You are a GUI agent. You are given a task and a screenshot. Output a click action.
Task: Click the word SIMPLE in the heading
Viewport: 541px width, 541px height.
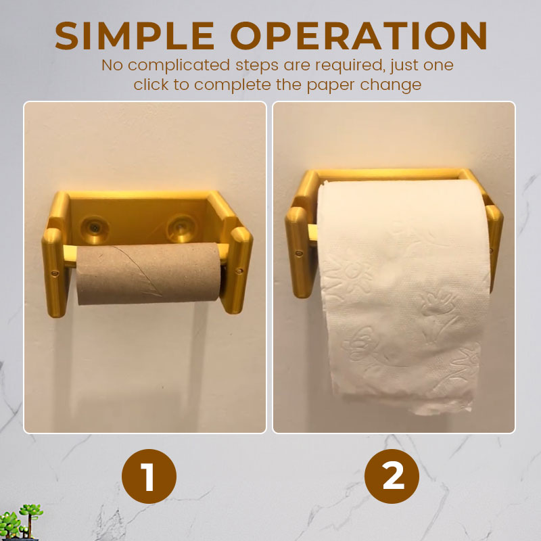coord(135,36)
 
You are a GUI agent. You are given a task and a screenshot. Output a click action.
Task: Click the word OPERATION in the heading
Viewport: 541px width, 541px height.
coord(359,36)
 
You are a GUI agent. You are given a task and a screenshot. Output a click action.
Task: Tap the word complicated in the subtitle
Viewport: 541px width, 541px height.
coord(179,65)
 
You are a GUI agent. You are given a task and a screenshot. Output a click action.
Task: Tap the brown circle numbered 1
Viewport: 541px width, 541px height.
coord(149,476)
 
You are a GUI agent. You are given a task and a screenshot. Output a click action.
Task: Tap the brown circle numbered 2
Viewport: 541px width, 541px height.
coord(392,476)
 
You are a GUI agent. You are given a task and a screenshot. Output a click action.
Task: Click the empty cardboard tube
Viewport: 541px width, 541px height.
coord(148,273)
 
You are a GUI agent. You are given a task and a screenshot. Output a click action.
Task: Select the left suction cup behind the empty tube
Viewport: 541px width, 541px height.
coord(94,228)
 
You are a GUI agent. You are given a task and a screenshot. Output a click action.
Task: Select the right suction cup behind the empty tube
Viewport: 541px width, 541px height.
coord(181,228)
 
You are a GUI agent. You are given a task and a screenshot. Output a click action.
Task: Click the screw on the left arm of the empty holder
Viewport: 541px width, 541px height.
coord(54,274)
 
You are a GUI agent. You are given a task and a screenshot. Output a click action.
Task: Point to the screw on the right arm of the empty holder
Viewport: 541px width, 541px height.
coord(239,270)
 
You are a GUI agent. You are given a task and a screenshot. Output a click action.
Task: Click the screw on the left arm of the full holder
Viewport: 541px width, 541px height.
coord(299,254)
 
